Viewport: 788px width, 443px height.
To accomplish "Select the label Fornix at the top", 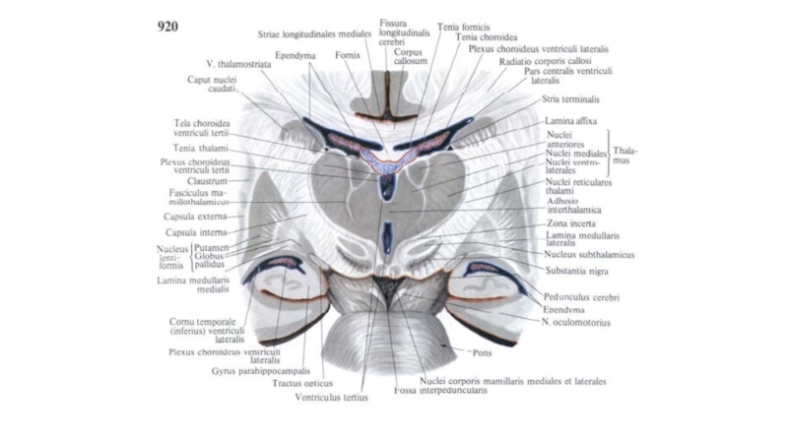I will [346, 56].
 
